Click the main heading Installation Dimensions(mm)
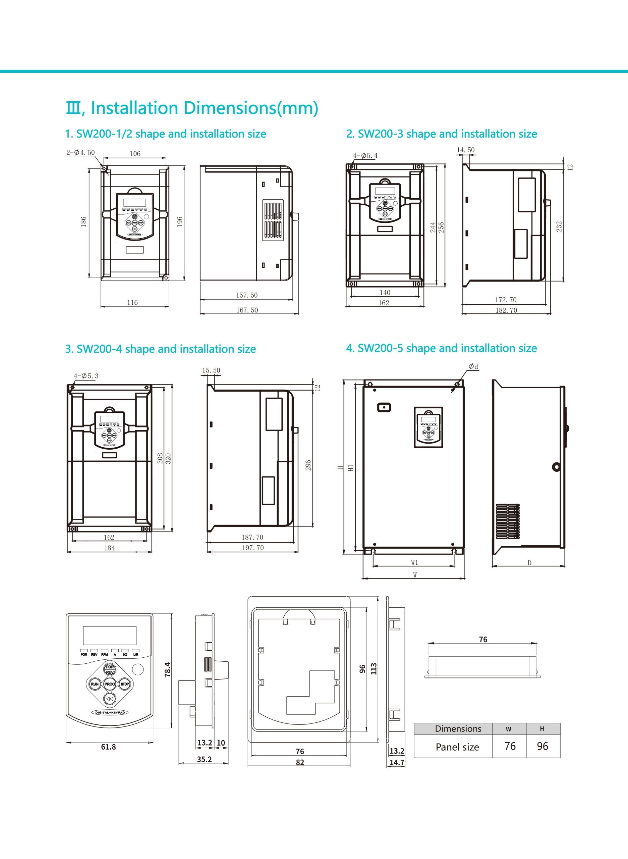192,108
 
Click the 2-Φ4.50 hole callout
80,153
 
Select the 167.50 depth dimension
247,310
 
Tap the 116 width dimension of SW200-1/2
132,302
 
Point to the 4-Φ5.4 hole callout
365,156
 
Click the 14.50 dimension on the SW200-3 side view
466,150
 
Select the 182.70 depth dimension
506,310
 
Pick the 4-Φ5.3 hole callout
86,376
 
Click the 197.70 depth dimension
253,548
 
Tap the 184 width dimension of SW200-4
110,548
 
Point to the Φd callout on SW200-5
473,366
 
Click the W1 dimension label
414,562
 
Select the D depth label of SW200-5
529,563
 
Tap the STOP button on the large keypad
125,684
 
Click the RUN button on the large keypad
94,684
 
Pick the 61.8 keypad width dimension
108,747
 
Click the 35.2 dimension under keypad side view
204,759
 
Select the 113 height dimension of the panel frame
374,668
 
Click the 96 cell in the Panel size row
543,746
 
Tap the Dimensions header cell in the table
458,728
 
